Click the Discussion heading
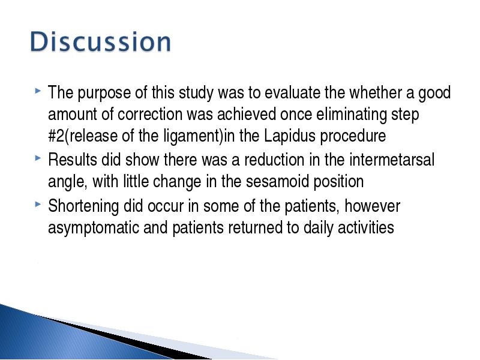(x=100, y=41)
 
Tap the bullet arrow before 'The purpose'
(x=38, y=91)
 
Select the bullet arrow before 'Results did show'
(x=38, y=158)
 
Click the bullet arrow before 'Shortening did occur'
(x=38, y=204)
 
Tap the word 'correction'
(x=150, y=114)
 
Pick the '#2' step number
(x=56, y=136)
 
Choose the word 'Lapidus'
(x=289, y=136)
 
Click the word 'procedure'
(x=353, y=136)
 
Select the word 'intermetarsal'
(x=392, y=160)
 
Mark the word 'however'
(x=372, y=206)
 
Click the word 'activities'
(x=366, y=228)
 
